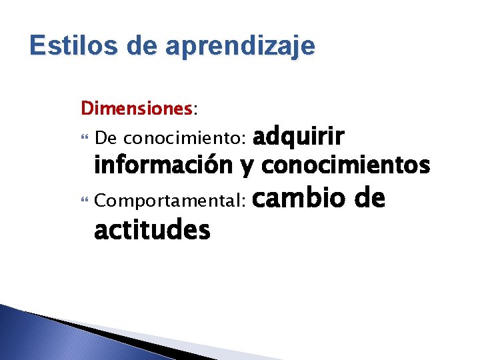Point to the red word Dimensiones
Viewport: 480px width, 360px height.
click(x=136, y=107)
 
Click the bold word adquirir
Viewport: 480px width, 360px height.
click(x=299, y=137)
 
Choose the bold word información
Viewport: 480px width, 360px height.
click(x=164, y=164)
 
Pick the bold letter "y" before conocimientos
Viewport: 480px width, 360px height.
click(x=247, y=167)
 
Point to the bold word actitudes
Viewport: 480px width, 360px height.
click(x=152, y=231)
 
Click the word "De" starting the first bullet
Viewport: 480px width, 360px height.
click(x=106, y=139)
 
